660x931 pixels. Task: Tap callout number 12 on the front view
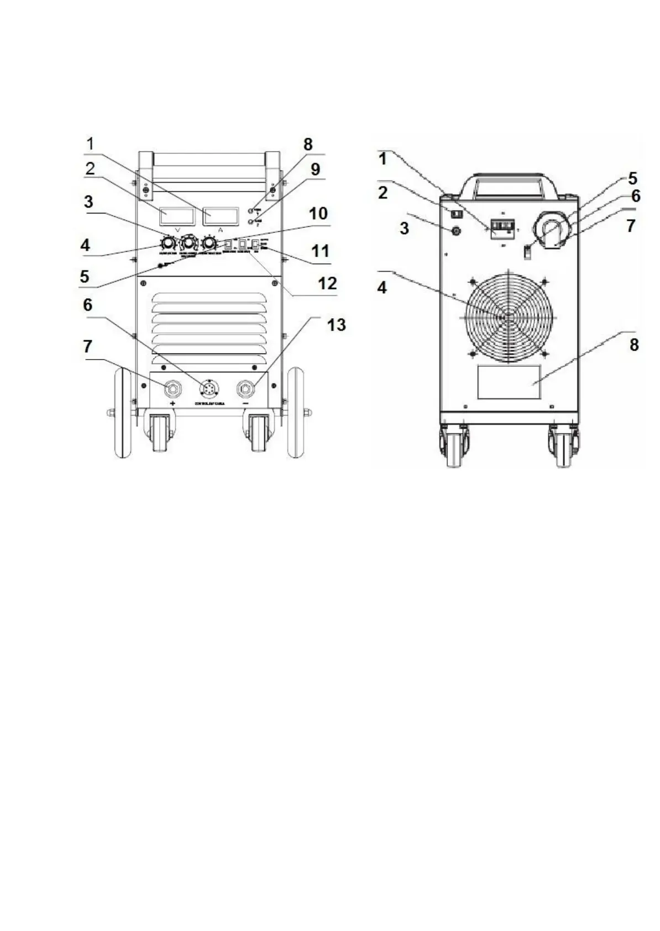[x=327, y=283]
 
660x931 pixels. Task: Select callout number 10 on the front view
[x=318, y=214]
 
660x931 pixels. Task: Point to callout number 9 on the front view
[x=315, y=169]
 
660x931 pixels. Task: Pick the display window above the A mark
[x=221, y=216]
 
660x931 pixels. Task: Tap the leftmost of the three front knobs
[x=167, y=243]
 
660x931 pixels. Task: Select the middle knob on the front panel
[x=188, y=243]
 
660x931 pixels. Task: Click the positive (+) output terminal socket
[x=172, y=389]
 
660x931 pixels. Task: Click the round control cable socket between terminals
[x=208, y=389]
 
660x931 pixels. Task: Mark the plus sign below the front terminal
[x=173, y=404]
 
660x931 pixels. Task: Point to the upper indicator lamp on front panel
[x=251, y=211]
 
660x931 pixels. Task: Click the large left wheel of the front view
[x=121, y=412]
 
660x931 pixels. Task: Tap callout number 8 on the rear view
[x=633, y=345]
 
